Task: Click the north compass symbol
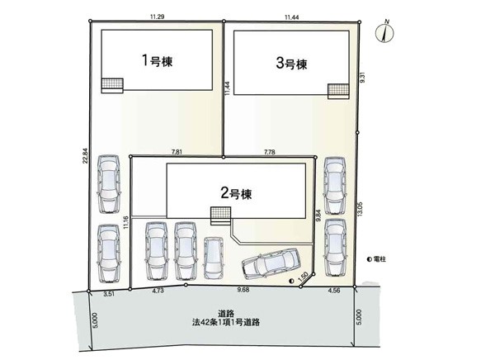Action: point(384,32)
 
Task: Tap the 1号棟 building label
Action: point(157,60)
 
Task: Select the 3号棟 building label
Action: point(291,64)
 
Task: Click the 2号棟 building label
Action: point(236,193)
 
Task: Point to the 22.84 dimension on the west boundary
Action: point(85,156)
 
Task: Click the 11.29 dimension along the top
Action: point(157,17)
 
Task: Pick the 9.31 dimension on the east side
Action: point(363,78)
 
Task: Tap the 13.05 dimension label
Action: point(361,209)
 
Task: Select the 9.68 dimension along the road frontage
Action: point(243,290)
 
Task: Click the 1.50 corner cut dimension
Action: point(303,277)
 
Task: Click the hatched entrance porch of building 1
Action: point(112,83)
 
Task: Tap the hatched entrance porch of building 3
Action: point(338,89)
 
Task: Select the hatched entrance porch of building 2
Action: point(221,213)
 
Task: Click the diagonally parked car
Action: point(271,263)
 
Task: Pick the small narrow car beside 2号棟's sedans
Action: point(213,258)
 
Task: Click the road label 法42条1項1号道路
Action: point(226,323)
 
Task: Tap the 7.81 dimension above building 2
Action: point(177,152)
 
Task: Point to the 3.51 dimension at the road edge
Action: point(109,294)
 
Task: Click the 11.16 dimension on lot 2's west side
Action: point(126,222)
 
